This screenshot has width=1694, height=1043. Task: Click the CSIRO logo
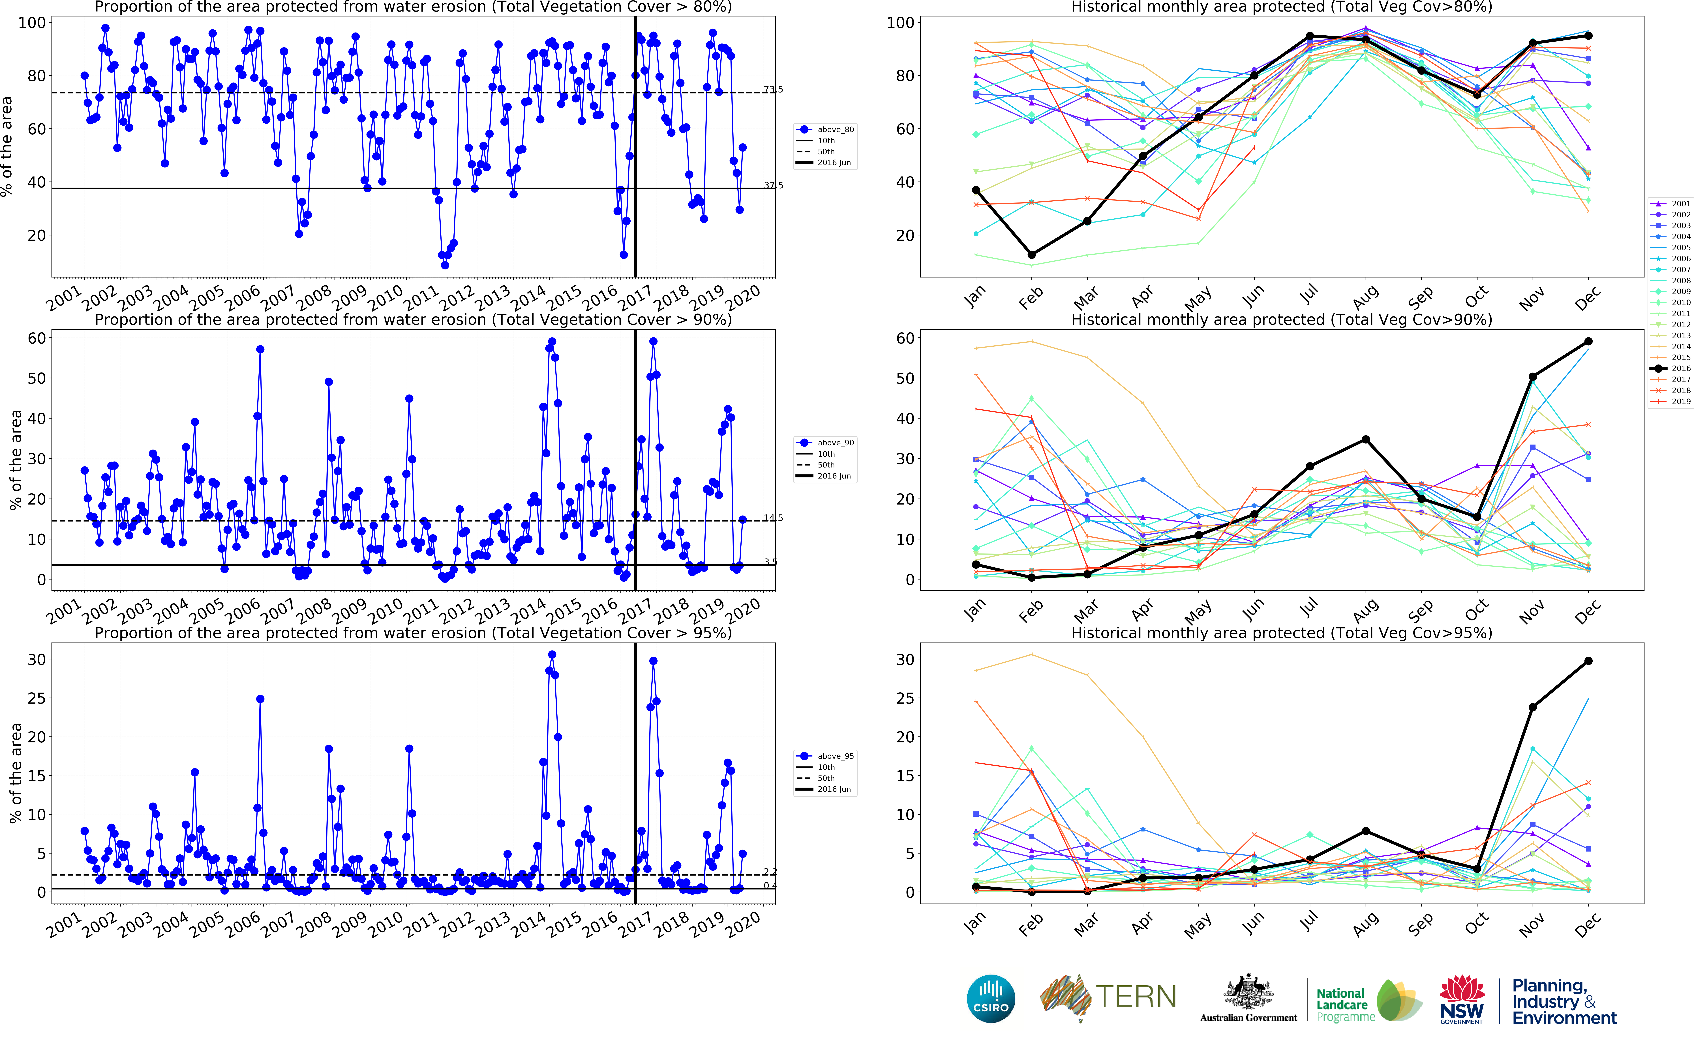991,998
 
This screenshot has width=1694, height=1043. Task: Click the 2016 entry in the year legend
1671,368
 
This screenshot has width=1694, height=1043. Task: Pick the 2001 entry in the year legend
1671,204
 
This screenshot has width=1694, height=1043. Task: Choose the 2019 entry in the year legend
1671,402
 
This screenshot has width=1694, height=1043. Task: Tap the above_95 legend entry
827,756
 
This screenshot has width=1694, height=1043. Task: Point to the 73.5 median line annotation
773,90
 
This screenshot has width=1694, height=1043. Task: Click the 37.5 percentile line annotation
773,185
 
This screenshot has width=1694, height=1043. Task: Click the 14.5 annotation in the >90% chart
773,518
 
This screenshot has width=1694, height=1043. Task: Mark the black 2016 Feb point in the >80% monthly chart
1032,255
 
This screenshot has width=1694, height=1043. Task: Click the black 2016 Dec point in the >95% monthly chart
1588,661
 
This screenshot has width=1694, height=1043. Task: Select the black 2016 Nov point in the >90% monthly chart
1533,377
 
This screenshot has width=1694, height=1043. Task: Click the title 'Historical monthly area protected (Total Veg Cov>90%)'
1281,319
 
